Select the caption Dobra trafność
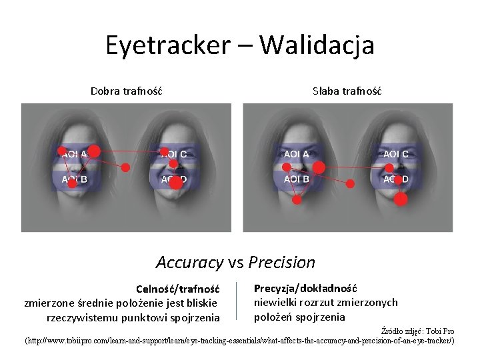coord(127,91)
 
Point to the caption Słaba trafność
coord(347,91)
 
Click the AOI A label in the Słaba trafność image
coord(296,155)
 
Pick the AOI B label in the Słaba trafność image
coord(296,179)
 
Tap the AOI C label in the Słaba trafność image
coord(395,155)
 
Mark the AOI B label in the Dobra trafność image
coord(75,179)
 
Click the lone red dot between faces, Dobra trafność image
coord(126,167)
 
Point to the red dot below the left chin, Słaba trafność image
coord(297,200)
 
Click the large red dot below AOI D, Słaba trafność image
coord(401,199)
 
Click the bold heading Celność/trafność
coord(177,289)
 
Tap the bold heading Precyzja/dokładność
coord(305,288)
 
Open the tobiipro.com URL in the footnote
coord(239,341)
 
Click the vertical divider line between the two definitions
coord(237,301)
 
